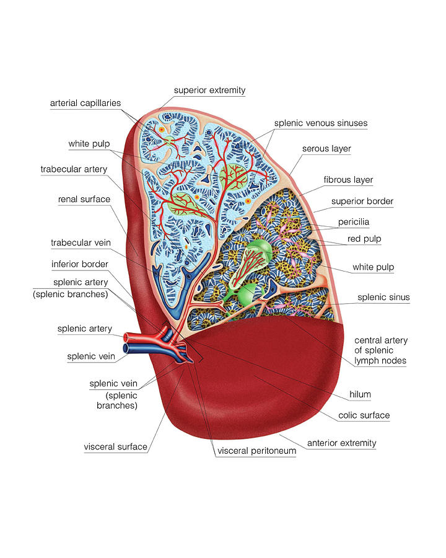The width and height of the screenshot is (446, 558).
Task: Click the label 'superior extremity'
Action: click(x=209, y=91)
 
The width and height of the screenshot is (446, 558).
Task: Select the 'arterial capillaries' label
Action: click(x=85, y=103)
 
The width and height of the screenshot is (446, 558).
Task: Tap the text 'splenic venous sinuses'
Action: click(x=321, y=123)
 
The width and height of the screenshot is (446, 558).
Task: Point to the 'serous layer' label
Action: click(x=326, y=149)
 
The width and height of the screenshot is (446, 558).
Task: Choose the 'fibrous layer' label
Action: click(x=348, y=180)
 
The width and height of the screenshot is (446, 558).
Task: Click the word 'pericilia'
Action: click(x=354, y=222)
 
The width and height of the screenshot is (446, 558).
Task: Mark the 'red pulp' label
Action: click(x=364, y=239)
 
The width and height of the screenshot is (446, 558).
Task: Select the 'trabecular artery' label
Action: click(x=74, y=169)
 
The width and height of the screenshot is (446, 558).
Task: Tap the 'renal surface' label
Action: click(x=84, y=199)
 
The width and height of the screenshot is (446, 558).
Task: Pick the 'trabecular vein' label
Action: click(x=81, y=242)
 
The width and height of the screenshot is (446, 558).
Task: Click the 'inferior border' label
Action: click(x=80, y=264)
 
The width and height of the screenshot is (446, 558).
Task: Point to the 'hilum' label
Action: click(x=360, y=394)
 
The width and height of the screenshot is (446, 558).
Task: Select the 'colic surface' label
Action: click(x=364, y=415)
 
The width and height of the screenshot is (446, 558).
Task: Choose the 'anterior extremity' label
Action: click(x=341, y=443)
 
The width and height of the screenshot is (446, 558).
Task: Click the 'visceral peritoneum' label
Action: click(x=257, y=451)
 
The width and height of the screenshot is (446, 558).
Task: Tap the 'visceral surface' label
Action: click(x=115, y=447)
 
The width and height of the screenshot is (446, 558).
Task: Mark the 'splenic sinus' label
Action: click(x=383, y=297)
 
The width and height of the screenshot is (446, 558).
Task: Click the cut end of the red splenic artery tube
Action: click(x=126, y=337)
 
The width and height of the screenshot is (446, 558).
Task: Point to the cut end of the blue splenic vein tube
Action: click(x=126, y=348)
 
